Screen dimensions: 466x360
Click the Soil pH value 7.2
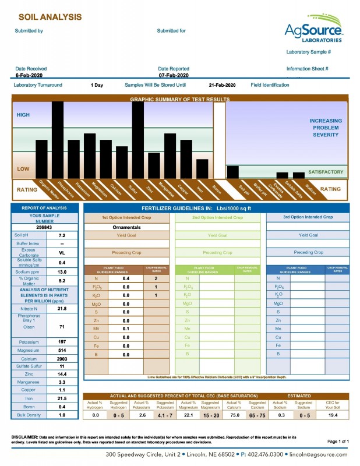(62, 235)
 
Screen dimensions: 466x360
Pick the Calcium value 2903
(62, 359)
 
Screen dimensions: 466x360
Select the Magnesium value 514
(62, 351)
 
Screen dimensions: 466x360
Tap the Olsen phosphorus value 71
(62, 327)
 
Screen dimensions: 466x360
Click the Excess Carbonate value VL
(62, 253)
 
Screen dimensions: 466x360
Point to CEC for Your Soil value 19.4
(333, 415)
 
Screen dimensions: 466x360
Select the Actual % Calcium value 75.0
(233, 415)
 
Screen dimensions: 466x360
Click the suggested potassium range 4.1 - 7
(165, 415)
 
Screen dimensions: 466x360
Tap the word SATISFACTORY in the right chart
(325, 172)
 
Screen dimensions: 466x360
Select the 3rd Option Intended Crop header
(308, 217)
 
